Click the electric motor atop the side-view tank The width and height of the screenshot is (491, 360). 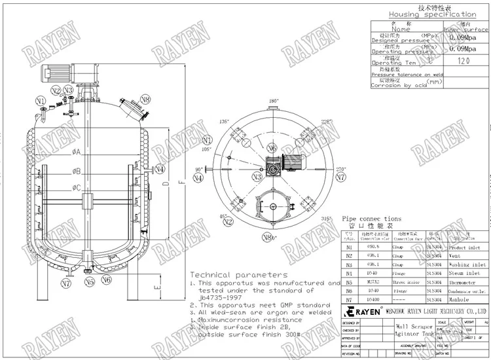(x=54, y=73)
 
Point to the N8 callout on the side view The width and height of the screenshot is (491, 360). (x=145, y=99)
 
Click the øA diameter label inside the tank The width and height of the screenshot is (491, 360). (x=77, y=153)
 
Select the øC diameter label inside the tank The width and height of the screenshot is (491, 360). (x=77, y=189)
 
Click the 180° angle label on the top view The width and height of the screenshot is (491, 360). (x=274, y=101)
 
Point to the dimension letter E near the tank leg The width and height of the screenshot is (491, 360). (x=155, y=287)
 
